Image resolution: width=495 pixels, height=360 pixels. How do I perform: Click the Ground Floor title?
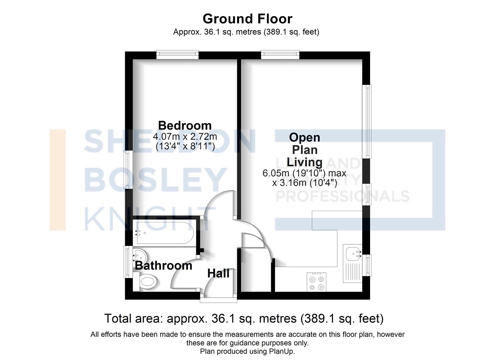(x=247, y=19)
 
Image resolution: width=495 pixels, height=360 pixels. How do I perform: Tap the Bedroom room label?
(x=185, y=125)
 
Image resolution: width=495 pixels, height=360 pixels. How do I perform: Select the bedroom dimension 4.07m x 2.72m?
(x=185, y=136)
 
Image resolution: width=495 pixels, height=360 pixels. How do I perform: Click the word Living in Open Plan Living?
(x=304, y=162)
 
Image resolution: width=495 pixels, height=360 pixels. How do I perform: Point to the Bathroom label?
(x=163, y=266)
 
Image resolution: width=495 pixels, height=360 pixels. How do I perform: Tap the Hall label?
(x=218, y=273)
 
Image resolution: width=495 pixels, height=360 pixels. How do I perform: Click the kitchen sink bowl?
(x=352, y=254)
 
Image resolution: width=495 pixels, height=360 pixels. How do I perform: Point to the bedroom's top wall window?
(x=178, y=55)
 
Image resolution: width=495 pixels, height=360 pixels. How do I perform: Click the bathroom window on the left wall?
(x=127, y=262)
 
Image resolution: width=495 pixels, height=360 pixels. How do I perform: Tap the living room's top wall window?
(x=280, y=55)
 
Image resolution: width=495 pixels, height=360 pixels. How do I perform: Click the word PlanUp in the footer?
(x=282, y=351)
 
